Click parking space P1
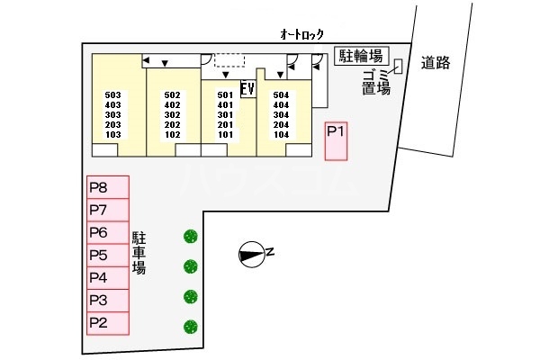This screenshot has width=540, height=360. click(x=336, y=142)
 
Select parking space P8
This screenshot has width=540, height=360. click(x=107, y=188)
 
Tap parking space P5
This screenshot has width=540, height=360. click(x=107, y=256)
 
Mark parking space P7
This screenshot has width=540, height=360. click(x=107, y=211)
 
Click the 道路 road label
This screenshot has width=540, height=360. click(x=435, y=62)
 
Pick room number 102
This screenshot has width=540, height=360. click(x=173, y=135)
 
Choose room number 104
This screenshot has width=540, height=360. click(x=281, y=134)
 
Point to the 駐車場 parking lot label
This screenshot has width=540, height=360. click(x=139, y=253)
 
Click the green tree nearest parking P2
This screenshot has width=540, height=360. click(x=190, y=326)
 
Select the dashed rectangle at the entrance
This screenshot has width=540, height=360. click(x=229, y=59)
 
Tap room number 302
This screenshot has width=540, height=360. click(x=173, y=115)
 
